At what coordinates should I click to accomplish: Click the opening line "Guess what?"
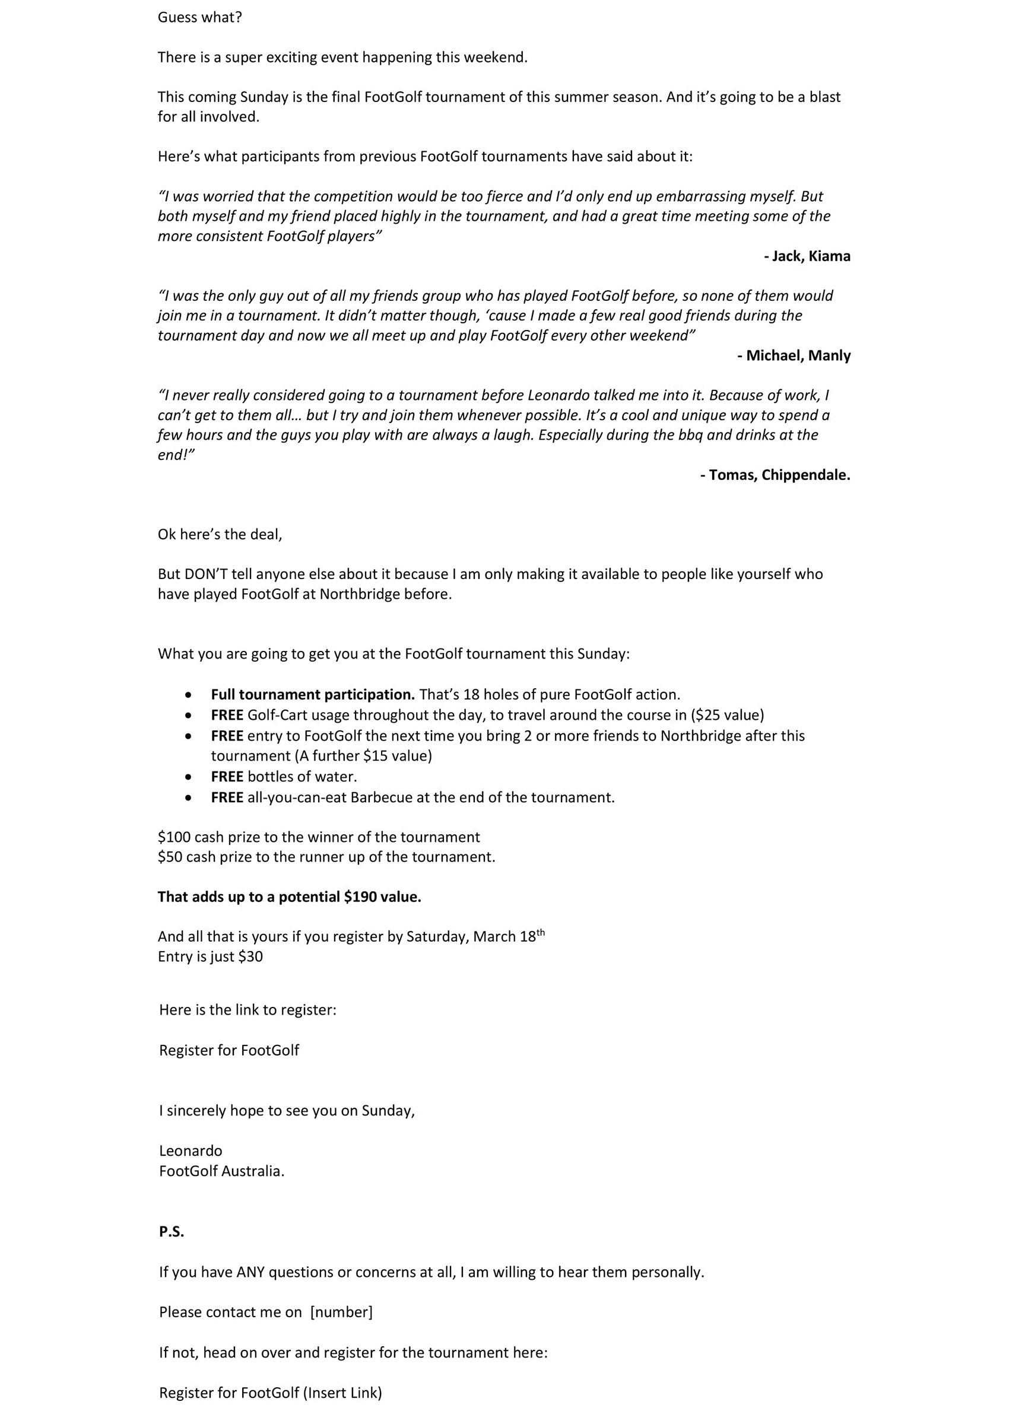199,17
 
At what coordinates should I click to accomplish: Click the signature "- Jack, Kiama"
807,256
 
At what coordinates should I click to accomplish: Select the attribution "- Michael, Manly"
794,355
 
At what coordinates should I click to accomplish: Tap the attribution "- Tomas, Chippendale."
775,475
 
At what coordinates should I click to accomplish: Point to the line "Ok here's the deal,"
220,534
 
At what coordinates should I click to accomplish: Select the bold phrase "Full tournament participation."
313,694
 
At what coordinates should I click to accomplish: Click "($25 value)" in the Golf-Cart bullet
727,715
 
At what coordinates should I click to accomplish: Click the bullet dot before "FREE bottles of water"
189,777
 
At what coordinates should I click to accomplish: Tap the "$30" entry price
250,956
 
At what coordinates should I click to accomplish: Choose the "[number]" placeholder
341,1312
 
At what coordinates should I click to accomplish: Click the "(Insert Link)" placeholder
342,1393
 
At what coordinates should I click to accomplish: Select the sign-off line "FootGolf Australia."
221,1171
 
